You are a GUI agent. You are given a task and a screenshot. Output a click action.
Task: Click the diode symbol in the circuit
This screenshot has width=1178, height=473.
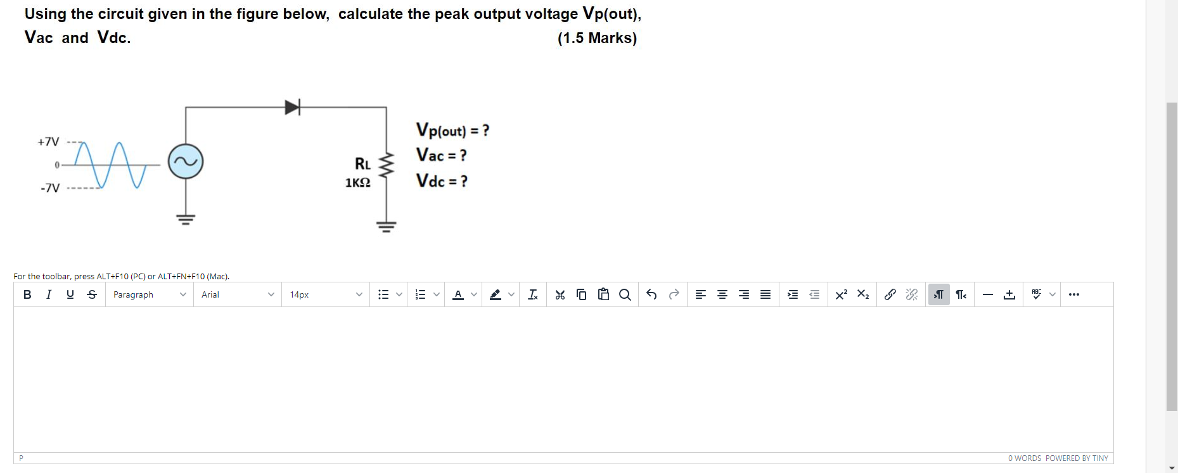tap(292, 107)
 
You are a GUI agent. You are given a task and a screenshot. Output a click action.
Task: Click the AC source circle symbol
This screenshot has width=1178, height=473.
tap(186, 161)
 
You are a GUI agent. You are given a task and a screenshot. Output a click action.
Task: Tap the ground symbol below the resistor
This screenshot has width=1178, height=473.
tap(386, 226)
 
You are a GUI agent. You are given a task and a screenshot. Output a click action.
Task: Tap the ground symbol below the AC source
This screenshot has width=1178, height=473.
tap(186, 219)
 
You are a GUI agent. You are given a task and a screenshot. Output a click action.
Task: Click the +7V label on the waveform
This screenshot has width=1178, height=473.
tap(48, 142)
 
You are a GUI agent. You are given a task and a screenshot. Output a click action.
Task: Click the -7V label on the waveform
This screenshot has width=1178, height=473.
tap(50, 188)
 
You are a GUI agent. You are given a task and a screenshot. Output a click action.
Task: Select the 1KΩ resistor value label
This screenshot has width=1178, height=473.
tap(357, 183)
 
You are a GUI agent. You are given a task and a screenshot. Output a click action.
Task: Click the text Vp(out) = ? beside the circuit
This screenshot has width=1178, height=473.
tap(452, 130)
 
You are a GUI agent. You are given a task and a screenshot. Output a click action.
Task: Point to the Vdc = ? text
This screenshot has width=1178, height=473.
tap(442, 181)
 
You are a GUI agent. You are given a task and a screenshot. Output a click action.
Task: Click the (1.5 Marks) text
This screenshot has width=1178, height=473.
tap(597, 38)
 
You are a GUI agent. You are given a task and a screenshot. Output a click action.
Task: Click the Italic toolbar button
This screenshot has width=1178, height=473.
tap(49, 294)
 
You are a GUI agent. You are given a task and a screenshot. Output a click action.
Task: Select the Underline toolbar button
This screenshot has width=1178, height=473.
tap(70, 294)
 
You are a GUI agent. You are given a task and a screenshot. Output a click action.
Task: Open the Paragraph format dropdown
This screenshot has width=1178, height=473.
tap(150, 294)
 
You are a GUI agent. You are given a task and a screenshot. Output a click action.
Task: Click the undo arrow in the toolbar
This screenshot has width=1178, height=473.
tap(651, 294)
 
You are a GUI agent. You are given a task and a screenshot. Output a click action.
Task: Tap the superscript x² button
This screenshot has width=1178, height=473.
tap(841, 294)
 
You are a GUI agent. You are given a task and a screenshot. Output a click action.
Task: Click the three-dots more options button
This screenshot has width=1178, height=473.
tap(1073, 294)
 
